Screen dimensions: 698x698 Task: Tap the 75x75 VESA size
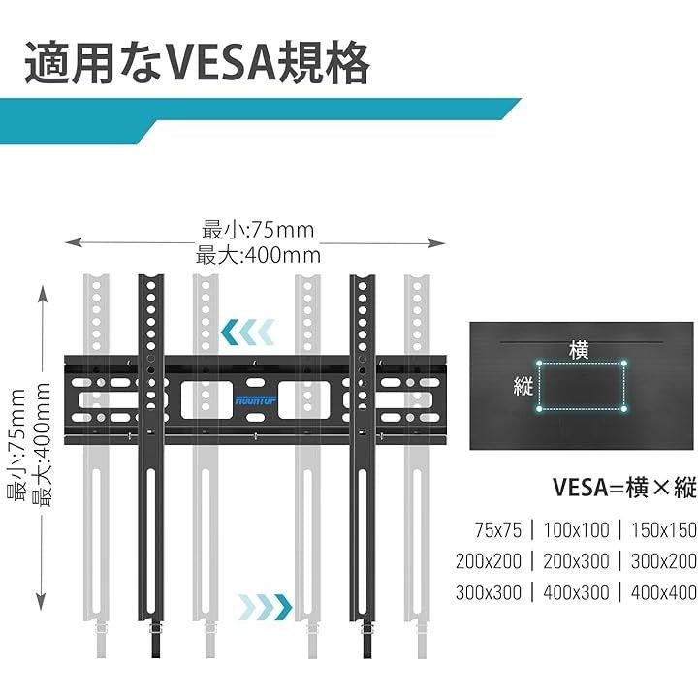(x=498, y=530)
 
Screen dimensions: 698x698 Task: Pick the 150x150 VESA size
(x=658, y=530)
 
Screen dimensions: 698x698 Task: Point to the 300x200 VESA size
(x=658, y=561)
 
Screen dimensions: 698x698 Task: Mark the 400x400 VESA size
(x=658, y=592)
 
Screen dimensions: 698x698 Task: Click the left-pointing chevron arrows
(x=251, y=333)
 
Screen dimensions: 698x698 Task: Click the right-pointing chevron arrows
(x=265, y=607)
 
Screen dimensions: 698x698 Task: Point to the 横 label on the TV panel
(x=580, y=349)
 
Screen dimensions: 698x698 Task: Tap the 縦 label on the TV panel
(x=524, y=386)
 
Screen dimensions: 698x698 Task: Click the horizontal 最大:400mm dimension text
(x=258, y=256)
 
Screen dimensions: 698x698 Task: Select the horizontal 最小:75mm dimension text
(x=258, y=231)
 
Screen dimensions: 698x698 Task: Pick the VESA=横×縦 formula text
(x=624, y=488)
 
